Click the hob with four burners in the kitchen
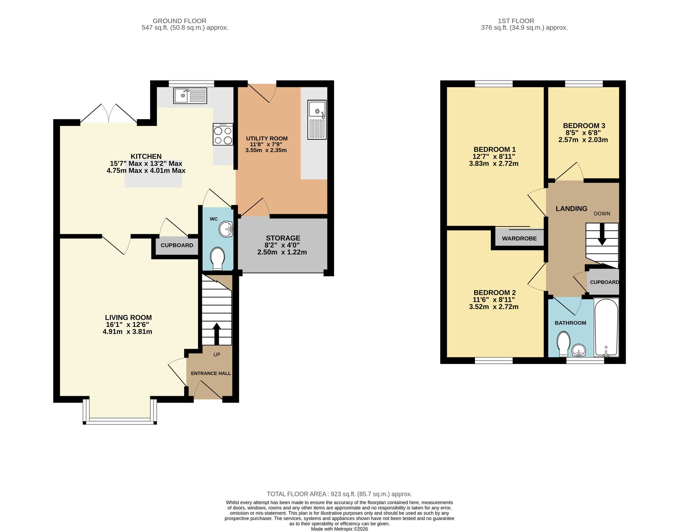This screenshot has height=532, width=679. (223, 135)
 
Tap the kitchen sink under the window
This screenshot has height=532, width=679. (190, 95)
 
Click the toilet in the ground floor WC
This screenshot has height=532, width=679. (217, 259)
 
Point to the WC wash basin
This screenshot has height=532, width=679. (226, 229)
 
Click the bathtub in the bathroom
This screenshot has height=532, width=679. (606, 327)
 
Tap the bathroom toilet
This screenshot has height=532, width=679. (564, 344)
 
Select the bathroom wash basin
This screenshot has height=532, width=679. (579, 350)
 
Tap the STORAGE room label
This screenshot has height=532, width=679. (283, 238)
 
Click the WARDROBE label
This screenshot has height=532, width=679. (519, 238)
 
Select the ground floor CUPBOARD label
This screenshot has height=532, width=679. (177, 245)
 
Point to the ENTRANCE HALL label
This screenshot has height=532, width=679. (210, 373)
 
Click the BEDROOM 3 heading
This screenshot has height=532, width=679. (584, 126)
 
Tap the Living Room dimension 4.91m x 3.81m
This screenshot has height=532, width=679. (127, 332)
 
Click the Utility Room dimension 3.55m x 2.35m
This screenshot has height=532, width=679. (266, 150)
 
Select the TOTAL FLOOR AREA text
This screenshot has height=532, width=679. (339, 494)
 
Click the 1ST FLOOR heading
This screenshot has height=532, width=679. (516, 21)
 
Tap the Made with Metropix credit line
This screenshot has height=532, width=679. (339, 529)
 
